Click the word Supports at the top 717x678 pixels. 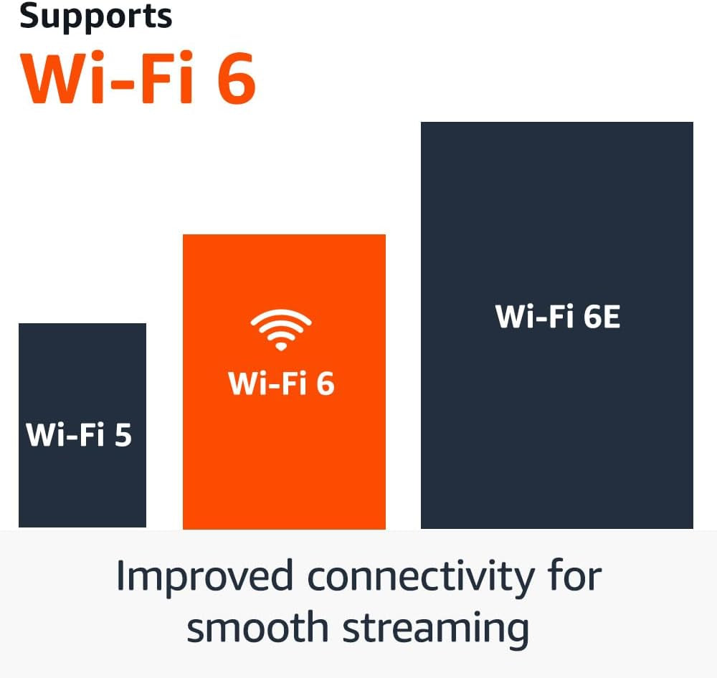click(x=95, y=16)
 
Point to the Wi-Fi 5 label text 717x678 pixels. click(x=79, y=435)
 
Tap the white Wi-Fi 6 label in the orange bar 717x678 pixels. click(x=281, y=384)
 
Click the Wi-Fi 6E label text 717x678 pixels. click(x=557, y=317)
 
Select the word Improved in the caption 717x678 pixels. click(x=205, y=577)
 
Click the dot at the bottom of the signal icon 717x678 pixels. click(x=281, y=346)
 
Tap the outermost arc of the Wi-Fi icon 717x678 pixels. click(x=281, y=314)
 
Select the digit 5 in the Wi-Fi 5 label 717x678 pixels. click(x=123, y=435)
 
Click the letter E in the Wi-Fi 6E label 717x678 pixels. click(x=610, y=317)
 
